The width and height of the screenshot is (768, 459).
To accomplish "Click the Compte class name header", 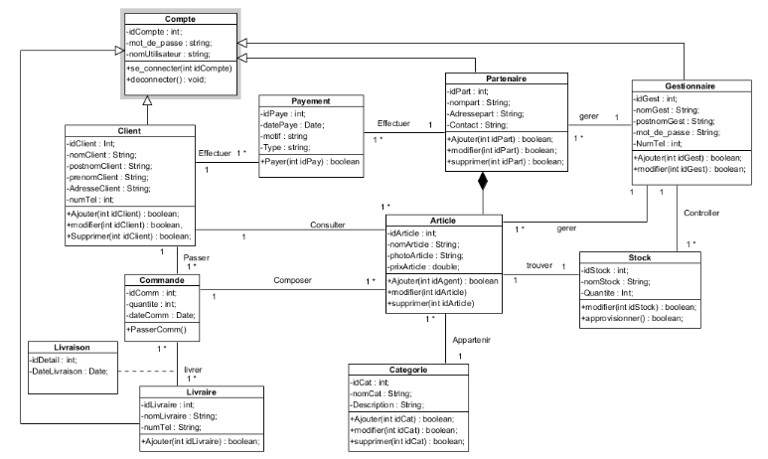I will click(x=181, y=20).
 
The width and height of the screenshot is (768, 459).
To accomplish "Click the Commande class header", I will click(x=163, y=281).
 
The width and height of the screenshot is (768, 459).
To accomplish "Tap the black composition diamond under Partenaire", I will click(x=484, y=182).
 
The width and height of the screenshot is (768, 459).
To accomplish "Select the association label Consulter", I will click(x=328, y=226).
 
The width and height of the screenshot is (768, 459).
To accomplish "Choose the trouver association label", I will click(x=539, y=265).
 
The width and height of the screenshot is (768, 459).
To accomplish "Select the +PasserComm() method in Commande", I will click(x=157, y=327).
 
